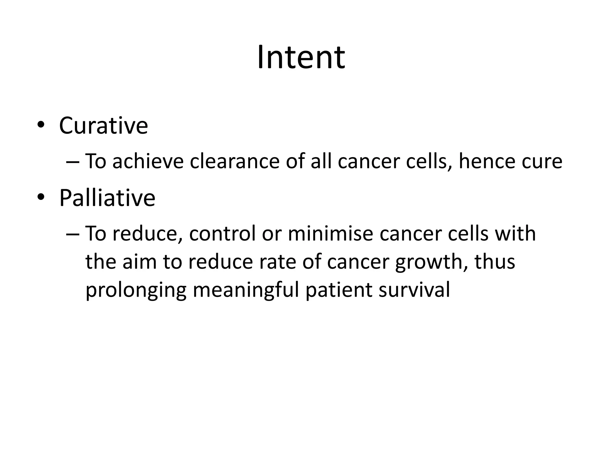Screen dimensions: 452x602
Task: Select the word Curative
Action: tap(103, 126)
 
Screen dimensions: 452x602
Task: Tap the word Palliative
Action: tap(107, 198)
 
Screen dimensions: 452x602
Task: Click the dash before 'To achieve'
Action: tap(72, 162)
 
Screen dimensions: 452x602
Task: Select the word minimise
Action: tap(330, 234)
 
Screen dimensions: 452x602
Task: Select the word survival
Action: tap(414, 290)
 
